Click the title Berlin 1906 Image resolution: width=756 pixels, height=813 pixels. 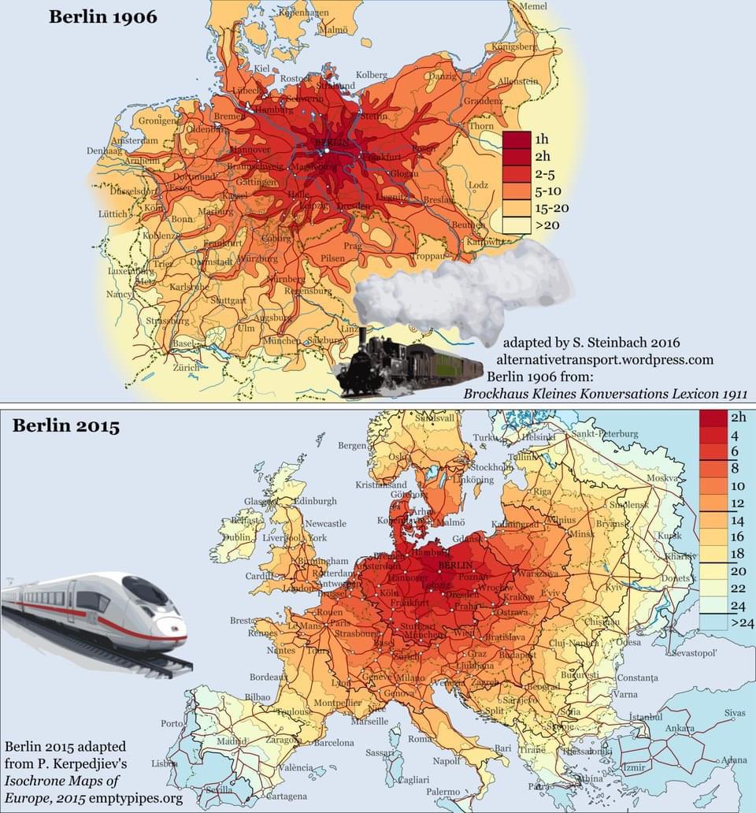tap(103, 17)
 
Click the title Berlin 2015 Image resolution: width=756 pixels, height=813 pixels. tap(65, 427)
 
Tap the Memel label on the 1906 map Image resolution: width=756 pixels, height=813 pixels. tap(533, 6)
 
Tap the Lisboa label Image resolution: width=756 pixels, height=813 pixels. tap(165, 763)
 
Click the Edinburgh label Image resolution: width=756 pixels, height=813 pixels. tap(314, 501)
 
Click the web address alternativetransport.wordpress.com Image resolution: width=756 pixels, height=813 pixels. tap(605, 359)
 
